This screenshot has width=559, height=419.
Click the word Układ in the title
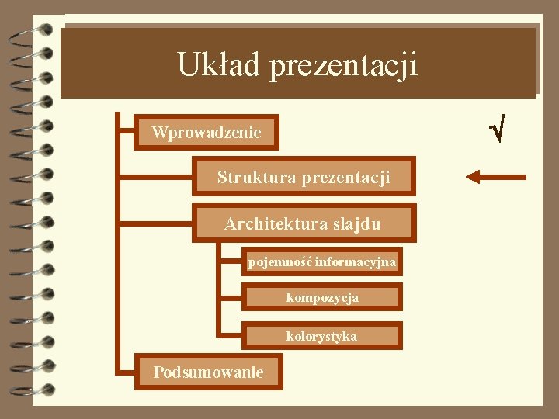[x=219, y=64]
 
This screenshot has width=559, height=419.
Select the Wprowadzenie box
[x=207, y=133]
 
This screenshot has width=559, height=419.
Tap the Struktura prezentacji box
[x=304, y=177]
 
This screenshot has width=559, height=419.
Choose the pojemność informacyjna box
[x=322, y=262]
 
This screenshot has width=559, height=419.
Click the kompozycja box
[x=322, y=297]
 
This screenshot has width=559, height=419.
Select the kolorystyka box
[x=322, y=336]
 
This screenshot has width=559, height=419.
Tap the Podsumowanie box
[x=208, y=372]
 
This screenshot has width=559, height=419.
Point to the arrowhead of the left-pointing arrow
[x=472, y=177]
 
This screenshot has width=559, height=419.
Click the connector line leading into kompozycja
[x=231, y=297]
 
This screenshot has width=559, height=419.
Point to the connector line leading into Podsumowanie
[x=126, y=372]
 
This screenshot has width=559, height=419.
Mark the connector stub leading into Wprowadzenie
[x=126, y=133]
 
